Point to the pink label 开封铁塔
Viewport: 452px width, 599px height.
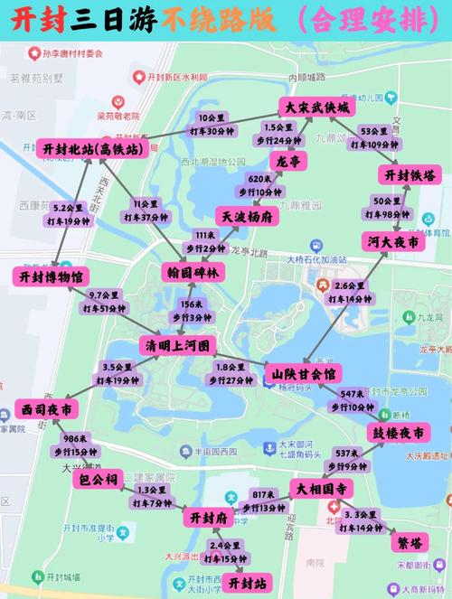tap(410, 174)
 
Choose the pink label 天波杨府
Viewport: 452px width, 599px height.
tap(244, 217)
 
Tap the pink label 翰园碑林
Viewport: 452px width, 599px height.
tap(193, 271)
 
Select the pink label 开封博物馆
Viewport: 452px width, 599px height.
tap(51, 276)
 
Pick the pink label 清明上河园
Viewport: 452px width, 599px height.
tap(177, 346)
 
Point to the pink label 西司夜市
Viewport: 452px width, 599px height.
tap(45, 410)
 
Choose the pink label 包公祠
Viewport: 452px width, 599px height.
tap(98, 479)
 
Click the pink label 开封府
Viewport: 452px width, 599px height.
tap(210, 518)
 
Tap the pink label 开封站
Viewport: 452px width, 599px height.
tap(247, 583)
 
